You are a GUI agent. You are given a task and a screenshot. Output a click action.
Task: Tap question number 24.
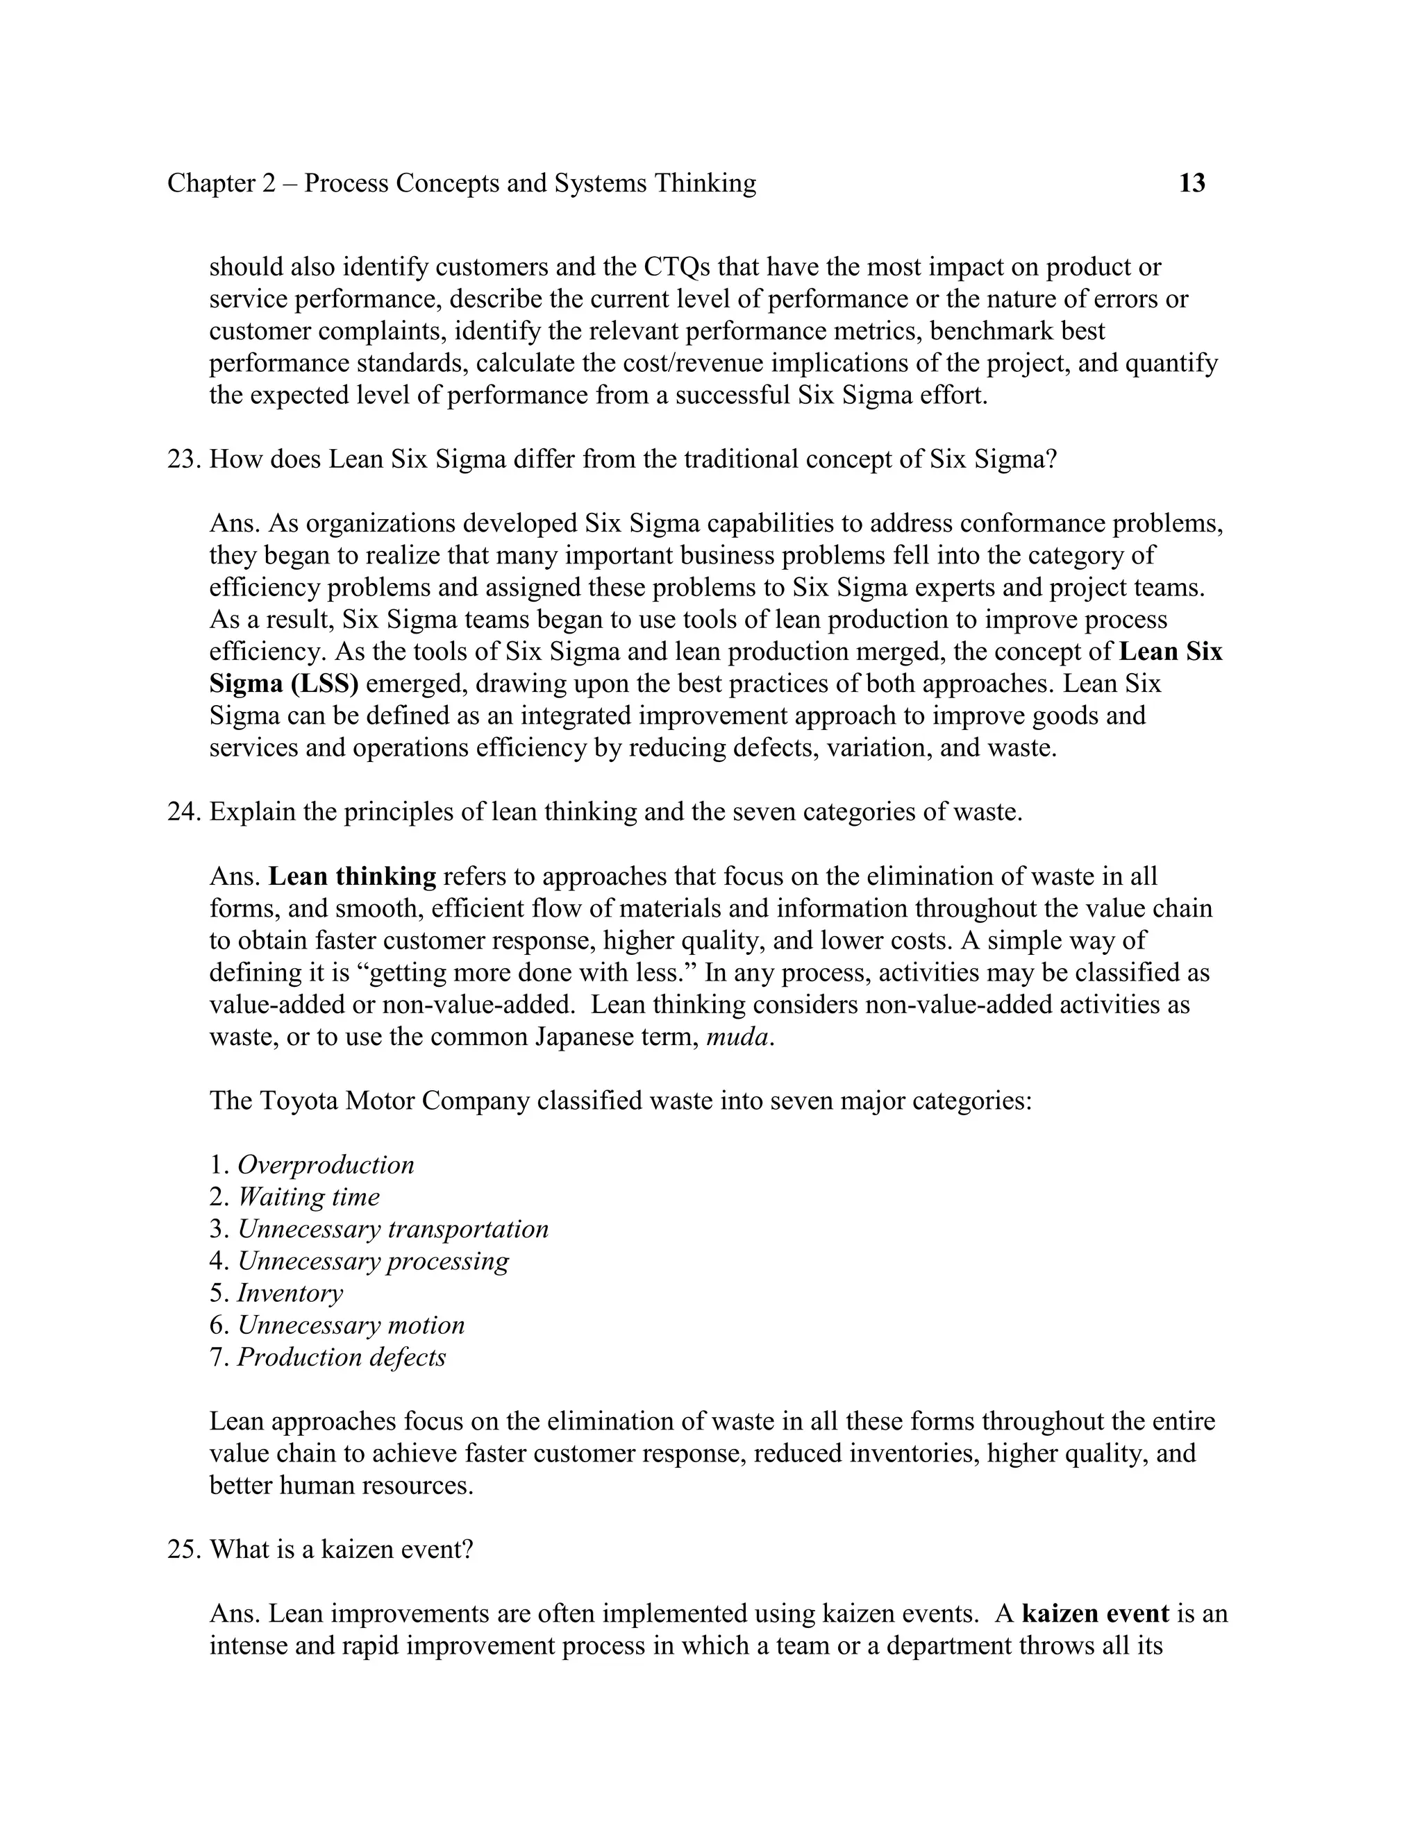pyautogui.click(x=181, y=813)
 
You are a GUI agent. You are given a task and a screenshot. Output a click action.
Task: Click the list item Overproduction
pyautogui.click(x=325, y=1165)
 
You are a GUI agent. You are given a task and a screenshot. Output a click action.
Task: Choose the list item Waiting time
pyautogui.click(x=308, y=1197)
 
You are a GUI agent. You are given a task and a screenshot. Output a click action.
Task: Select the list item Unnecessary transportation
pyautogui.click(x=392, y=1230)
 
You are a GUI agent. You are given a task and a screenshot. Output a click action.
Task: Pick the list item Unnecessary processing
pyautogui.click(x=373, y=1262)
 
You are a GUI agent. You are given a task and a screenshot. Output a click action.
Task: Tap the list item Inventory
pyautogui.click(x=290, y=1294)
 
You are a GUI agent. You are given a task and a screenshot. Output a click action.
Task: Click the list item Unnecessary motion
pyautogui.click(x=351, y=1325)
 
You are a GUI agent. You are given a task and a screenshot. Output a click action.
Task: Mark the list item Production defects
pyautogui.click(x=341, y=1357)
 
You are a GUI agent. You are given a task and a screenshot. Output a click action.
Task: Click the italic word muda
pyautogui.click(x=737, y=1037)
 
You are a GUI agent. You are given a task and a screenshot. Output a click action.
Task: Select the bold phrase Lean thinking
pyautogui.click(x=352, y=877)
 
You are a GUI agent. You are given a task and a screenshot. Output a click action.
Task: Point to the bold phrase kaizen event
pyautogui.click(x=1095, y=1614)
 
